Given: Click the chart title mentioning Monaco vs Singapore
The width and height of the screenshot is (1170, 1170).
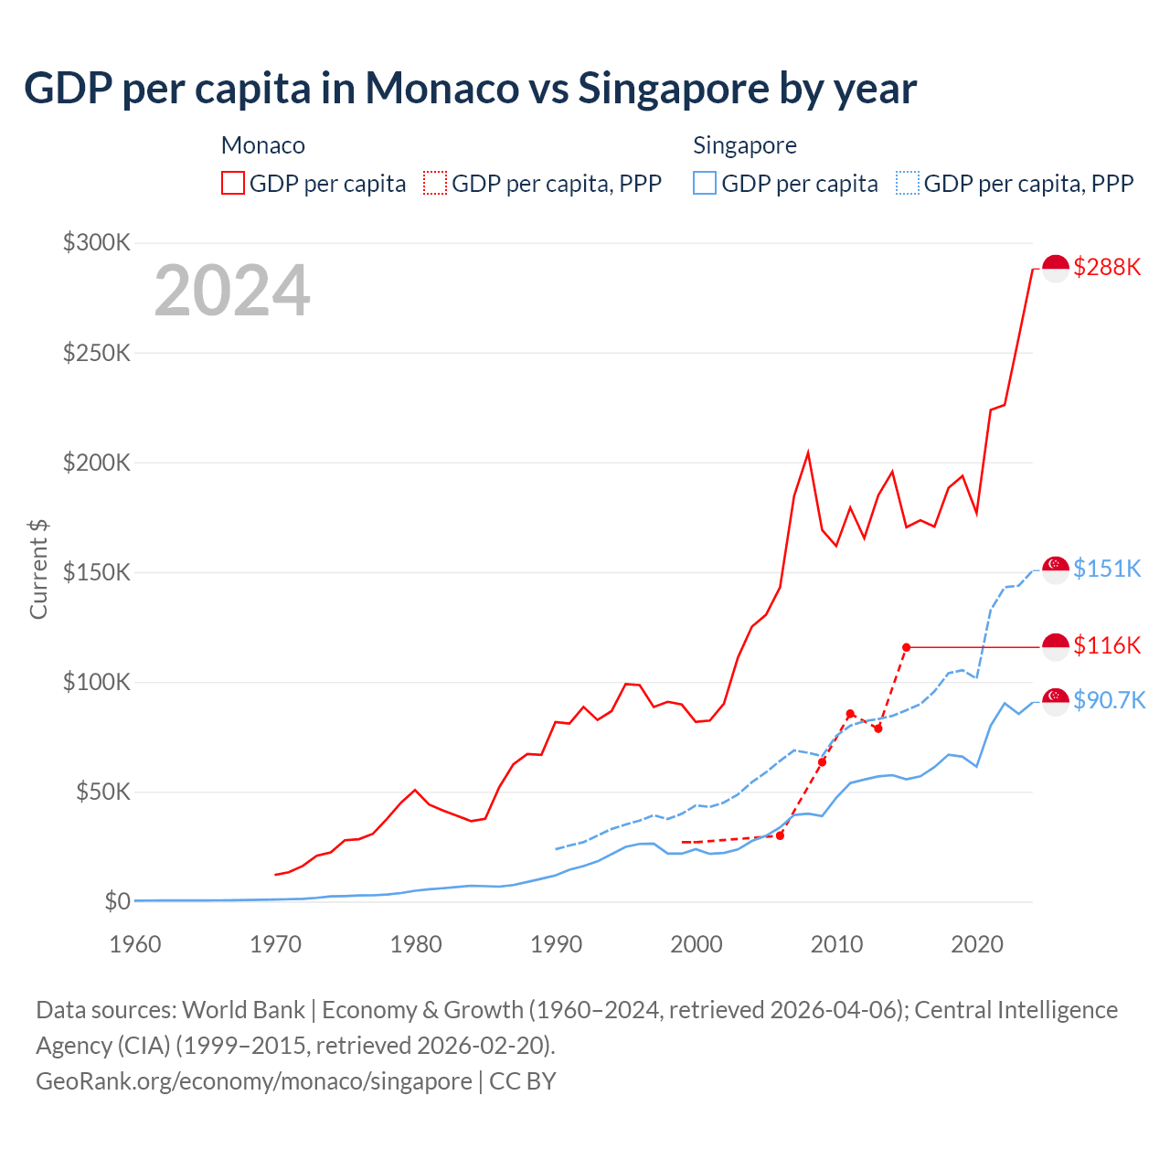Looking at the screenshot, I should coord(470,89).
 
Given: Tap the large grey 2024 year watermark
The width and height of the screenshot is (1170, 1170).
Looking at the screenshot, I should coord(232,291).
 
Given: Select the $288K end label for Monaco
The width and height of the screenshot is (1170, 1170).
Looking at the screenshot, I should coord(1107,267).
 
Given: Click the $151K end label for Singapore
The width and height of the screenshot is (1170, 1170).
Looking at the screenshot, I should coord(1107,569).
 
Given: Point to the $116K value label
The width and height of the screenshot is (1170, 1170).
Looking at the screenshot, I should coord(1107,645).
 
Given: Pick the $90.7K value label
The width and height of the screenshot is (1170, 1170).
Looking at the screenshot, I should coord(1109,700).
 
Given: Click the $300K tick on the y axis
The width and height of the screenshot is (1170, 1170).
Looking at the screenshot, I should coord(97,242).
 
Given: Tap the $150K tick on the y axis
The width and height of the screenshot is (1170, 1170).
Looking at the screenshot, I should coord(97,572).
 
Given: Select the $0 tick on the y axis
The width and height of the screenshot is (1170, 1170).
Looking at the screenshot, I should coord(117,901).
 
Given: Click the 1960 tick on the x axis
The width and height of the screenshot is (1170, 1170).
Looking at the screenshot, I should coord(135,944).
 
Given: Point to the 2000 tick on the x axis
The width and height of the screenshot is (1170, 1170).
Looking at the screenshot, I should coord(697,944).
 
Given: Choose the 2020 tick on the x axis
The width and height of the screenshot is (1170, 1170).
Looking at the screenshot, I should coord(977,944).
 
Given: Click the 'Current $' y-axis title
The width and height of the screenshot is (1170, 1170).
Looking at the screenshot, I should coord(38,569).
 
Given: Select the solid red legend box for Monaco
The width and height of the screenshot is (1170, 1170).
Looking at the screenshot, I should coord(233,183).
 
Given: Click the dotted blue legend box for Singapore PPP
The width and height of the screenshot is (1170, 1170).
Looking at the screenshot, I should coord(908,183).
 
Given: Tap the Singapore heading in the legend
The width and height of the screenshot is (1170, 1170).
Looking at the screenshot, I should coord(745,145).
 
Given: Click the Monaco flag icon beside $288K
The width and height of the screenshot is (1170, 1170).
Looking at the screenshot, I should coord(1056,269).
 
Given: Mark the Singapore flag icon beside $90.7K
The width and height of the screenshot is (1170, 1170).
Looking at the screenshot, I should coord(1056,701).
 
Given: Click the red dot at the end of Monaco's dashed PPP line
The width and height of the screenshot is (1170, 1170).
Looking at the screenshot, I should coord(906,647).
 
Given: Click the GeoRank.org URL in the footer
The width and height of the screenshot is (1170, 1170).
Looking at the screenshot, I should coord(253,1080).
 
